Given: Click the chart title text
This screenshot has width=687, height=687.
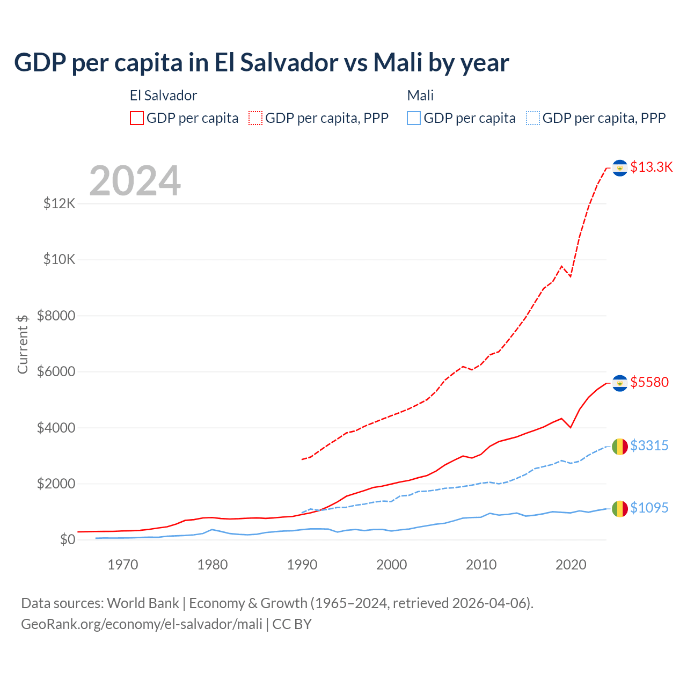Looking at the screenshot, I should (261, 63).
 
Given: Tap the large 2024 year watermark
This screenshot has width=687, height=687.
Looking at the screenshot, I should (135, 181).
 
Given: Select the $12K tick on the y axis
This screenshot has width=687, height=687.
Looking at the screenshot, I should (60, 204).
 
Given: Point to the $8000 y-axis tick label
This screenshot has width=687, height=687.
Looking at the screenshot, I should (56, 316).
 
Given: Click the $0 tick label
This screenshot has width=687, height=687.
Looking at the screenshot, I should (67, 539).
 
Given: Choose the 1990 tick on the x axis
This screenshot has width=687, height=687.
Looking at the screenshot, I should (302, 565).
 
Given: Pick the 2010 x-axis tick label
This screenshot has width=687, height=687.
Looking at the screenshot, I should (481, 565).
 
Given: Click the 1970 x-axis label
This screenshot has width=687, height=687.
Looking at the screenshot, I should (123, 565).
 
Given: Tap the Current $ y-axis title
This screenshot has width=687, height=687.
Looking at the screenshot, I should (23, 344).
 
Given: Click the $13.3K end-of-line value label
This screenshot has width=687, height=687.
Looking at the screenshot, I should (651, 167).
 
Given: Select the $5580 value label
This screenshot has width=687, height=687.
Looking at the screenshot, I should (649, 382).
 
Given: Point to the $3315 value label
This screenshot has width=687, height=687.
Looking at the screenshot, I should (649, 445).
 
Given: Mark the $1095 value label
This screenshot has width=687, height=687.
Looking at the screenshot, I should (649, 508).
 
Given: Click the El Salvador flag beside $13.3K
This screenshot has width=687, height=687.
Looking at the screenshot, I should (620, 168).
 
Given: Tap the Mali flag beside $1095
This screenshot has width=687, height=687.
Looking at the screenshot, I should (620, 508).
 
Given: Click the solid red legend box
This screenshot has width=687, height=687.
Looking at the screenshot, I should (137, 118).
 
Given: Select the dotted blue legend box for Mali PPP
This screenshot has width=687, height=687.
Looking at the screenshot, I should (533, 118).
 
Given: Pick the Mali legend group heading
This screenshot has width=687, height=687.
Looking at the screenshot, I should (420, 96).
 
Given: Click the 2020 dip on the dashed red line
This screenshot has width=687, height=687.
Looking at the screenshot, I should (571, 276).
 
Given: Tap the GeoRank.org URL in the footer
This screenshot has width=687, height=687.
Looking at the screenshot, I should (142, 624).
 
